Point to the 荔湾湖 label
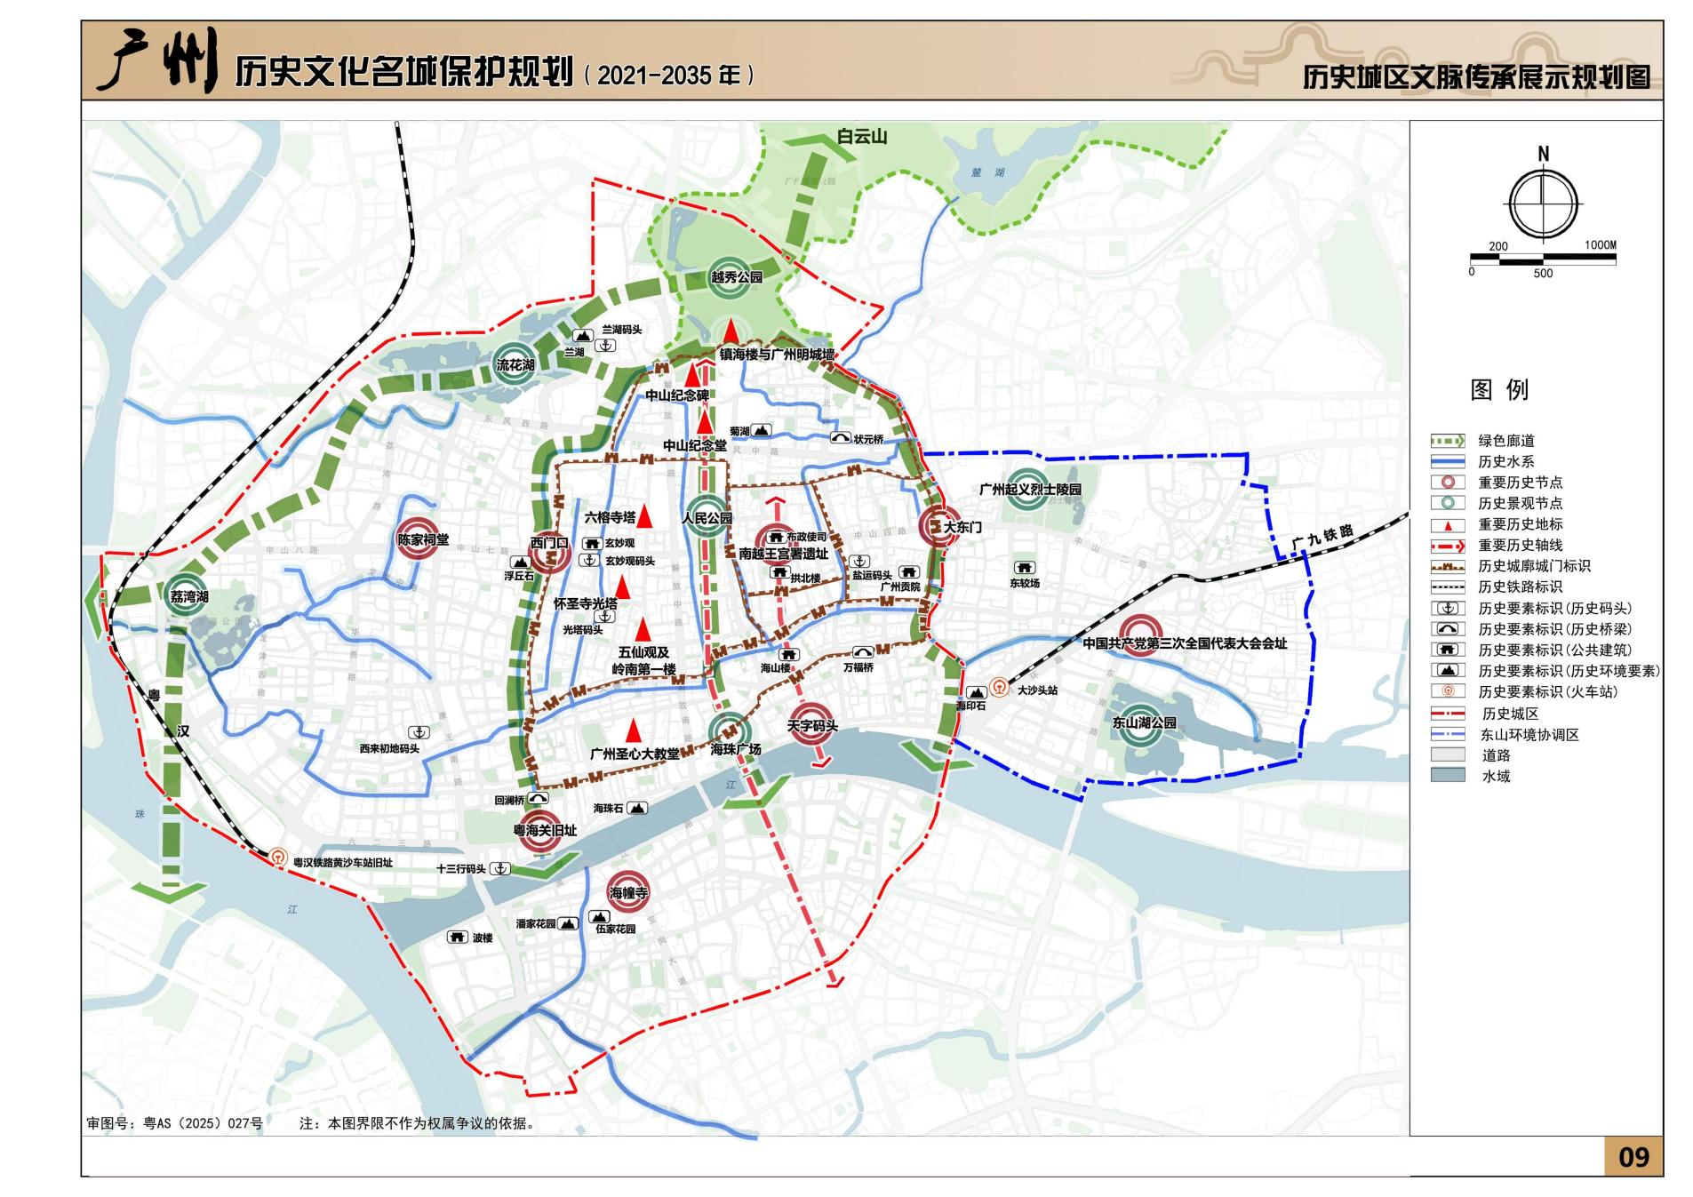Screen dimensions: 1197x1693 tap(188, 596)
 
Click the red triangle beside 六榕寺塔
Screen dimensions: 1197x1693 tap(646, 515)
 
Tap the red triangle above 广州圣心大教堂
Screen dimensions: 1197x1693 tap(633, 730)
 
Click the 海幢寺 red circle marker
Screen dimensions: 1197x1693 tap(627, 892)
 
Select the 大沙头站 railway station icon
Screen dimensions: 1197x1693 tap(1000, 688)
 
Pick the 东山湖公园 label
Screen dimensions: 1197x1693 tap(1143, 722)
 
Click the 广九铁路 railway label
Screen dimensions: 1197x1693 tap(1322, 536)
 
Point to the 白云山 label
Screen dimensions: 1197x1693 tap(861, 137)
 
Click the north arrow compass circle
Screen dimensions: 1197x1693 tap(1542, 203)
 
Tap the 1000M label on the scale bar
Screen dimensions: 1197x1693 tap(1600, 244)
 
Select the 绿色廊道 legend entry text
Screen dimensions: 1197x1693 tap(1505, 441)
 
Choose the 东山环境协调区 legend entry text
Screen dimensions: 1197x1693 tap(1529, 735)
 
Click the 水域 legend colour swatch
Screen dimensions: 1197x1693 tap(1447, 776)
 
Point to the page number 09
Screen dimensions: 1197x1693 tap(1633, 1156)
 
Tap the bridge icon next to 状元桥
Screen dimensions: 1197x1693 tap(840, 438)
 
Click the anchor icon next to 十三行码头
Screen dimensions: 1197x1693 tap(500, 868)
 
